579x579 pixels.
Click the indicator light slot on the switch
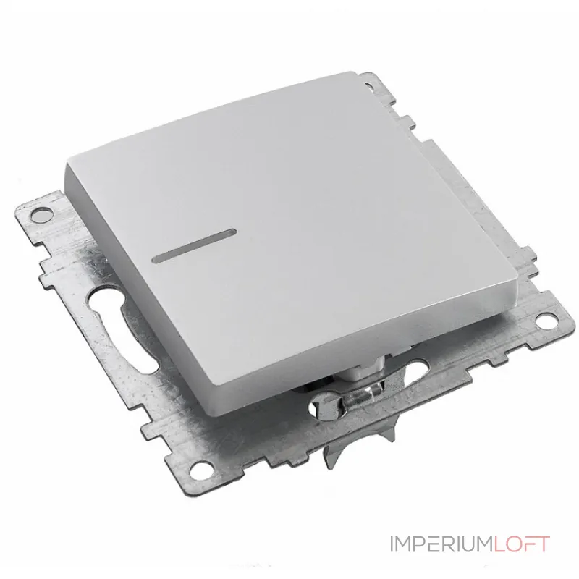pyautogui.click(x=194, y=245)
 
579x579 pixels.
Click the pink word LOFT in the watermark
pyautogui.click(x=521, y=544)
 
